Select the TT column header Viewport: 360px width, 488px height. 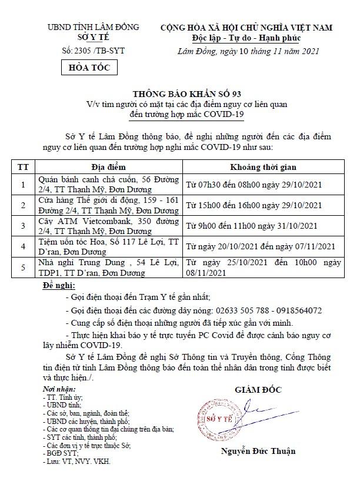coord(24,167)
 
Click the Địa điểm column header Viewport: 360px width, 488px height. coord(108,167)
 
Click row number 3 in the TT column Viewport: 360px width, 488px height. coord(24,226)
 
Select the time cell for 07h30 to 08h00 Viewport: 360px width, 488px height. coord(254,185)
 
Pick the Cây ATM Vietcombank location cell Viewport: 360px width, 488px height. coord(108,226)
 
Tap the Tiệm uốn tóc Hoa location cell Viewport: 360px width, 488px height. coord(108,246)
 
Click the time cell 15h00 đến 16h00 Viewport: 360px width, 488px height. coord(254,205)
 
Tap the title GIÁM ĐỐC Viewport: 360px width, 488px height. coord(258,390)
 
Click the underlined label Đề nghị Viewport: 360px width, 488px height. coord(60,286)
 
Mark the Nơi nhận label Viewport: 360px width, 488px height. coord(59,389)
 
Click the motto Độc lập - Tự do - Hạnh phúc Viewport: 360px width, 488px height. coord(246,38)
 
